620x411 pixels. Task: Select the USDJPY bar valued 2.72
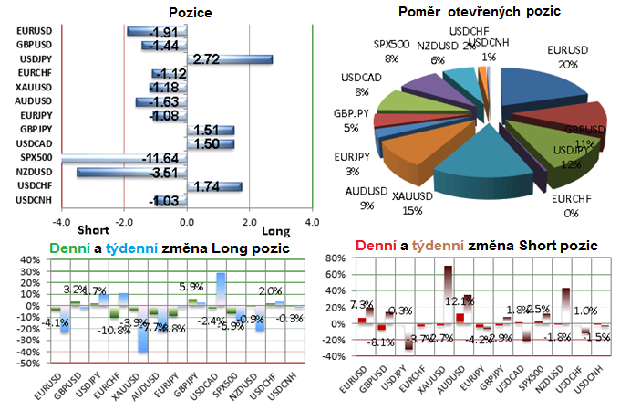pyautogui.click(x=228, y=60)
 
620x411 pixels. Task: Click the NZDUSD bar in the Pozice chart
pyautogui.click(x=131, y=172)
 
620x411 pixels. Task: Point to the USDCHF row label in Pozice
pyautogui.click(x=35, y=185)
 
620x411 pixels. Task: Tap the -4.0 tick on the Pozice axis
pyautogui.click(x=61, y=222)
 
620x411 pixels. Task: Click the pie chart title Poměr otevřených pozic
pyautogui.click(x=480, y=12)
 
